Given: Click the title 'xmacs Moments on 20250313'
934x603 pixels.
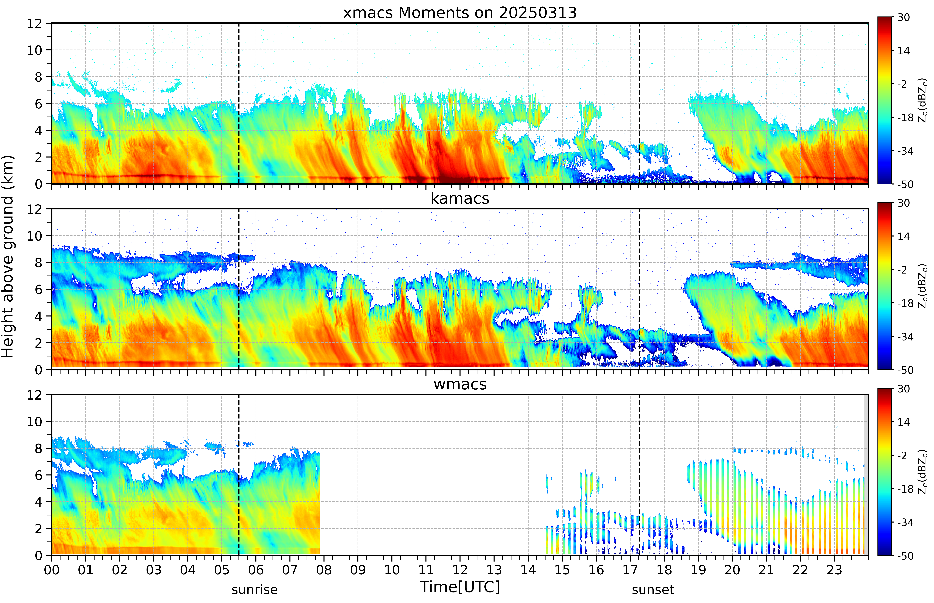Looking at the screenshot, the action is [460, 13].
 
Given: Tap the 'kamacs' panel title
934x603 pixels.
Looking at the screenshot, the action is [460, 198].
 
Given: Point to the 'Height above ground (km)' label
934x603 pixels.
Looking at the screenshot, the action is [8, 256].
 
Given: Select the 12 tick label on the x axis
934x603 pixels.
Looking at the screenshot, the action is [460, 570].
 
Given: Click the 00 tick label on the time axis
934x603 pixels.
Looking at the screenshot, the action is [52, 570].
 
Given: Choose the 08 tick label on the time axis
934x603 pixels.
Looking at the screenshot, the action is [324, 570].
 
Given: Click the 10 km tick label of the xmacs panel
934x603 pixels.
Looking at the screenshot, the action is [34, 50].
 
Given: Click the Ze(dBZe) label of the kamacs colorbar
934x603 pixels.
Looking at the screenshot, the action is [923, 286].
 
